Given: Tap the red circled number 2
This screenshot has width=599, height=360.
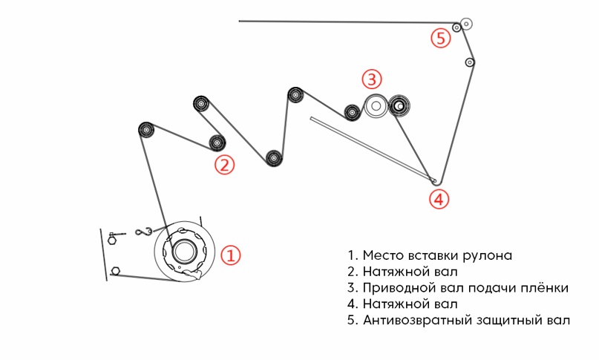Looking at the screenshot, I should (x=224, y=164).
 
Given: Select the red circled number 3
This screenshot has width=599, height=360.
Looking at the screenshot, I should (x=372, y=79).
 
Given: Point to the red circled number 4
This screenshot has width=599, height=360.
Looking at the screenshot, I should (x=439, y=198).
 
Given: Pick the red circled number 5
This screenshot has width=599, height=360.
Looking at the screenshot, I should (x=442, y=38).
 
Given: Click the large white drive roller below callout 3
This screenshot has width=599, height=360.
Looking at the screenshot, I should (x=376, y=107).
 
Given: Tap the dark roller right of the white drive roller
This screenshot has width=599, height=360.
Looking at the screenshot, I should (x=399, y=107).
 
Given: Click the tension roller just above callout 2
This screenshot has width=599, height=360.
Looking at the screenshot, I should (x=217, y=142).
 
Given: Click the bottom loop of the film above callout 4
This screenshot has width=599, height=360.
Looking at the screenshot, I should (x=436, y=180).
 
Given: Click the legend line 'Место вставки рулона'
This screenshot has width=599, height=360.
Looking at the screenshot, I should (x=430, y=255).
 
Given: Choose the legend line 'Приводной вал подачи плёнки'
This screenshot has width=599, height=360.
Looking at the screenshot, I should (x=458, y=288).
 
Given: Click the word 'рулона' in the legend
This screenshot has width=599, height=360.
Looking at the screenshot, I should (x=486, y=255).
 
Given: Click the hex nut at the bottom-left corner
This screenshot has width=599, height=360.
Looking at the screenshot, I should (x=115, y=270).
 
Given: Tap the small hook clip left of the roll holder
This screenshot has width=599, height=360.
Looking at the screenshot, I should (x=143, y=233).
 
